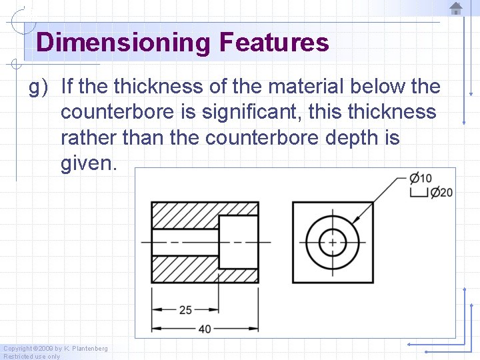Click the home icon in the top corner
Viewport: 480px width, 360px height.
click(x=456, y=9)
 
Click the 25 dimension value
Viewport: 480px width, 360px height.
click(x=186, y=310)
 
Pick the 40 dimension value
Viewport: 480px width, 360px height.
click(x=204, y=329)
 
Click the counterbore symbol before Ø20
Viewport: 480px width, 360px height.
click(x=419, y=193)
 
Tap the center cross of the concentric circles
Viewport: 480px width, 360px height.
click(x=332, y=241)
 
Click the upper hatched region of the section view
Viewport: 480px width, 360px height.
click(x=185, y=215)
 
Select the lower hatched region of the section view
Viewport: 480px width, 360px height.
click(x=185, y=268)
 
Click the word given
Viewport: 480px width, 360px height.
click(x=88, y=164)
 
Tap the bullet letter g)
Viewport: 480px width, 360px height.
click(x=39, y=87)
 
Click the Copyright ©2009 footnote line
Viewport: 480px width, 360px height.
click(x=55, y=349)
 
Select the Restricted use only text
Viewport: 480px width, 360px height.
click(x=32, y=357)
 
